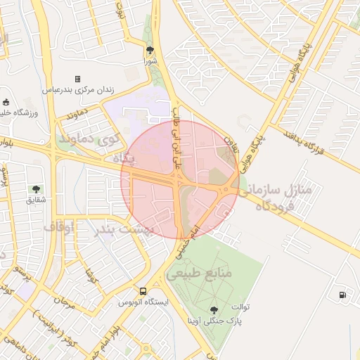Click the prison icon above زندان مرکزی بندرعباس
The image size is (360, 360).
pos(77,79)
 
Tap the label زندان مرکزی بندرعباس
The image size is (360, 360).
pos(77,90)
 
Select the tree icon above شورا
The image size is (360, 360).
pos(150,50)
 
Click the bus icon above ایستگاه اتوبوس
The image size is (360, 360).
pos(143,291)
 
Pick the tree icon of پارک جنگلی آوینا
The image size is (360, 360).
pos(214,309)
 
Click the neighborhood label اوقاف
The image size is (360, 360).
pos(59,226)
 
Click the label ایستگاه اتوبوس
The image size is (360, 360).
pos(143,302)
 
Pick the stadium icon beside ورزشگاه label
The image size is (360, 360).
pos(6,102)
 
